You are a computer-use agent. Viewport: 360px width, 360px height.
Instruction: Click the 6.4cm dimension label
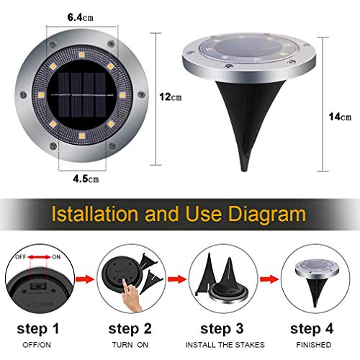(x=80, y=17)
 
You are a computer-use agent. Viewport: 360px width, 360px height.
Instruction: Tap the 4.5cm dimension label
(x=86, y=179)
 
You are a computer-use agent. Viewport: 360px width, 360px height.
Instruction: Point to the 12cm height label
(x=171, y=97)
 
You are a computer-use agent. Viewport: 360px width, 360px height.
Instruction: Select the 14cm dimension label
(x=340, y=117)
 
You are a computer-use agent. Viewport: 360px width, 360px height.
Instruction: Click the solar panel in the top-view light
(x=82, y=95)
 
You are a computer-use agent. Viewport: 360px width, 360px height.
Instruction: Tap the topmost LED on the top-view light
(x=81, y=55)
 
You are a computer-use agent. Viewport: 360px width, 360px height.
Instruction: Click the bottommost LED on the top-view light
(x=82, y=136)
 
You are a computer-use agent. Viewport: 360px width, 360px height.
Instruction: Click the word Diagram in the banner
(x=267, y=214)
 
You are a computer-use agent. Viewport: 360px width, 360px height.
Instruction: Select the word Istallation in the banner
(x=95, y=214)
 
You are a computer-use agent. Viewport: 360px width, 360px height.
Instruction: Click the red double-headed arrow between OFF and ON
(x=40, y=257)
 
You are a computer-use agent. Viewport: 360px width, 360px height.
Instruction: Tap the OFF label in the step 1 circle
(x=21, y=257)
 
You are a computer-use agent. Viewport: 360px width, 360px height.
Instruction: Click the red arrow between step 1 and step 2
(x=84, y=279)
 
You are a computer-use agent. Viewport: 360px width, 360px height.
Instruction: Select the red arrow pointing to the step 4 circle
(x=269, y=279)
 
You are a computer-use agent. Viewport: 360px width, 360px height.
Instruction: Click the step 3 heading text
(x=222, y=329)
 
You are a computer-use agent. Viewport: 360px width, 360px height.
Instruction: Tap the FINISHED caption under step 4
(x=314, y=345)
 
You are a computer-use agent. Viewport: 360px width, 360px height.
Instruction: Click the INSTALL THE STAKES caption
(x=225, y=345)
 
